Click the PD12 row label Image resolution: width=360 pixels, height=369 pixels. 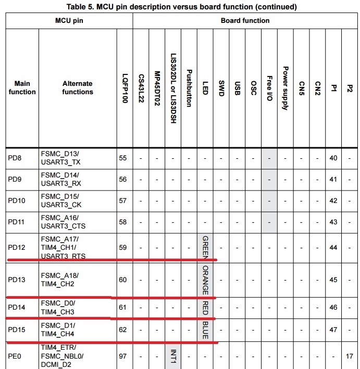[x=15, y=247]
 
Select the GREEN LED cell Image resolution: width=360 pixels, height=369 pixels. [x=205, y=247]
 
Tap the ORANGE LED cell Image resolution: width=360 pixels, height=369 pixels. [x=205, y=279]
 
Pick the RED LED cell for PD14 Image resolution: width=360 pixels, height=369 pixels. [x=205, y=308]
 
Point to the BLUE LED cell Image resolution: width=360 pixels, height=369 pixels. [x=205, y=330]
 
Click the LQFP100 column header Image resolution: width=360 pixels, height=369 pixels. [x=124, y=87]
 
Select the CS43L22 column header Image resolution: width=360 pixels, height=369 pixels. [x=141, y=87]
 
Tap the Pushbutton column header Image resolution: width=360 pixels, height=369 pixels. [x=189, y=87]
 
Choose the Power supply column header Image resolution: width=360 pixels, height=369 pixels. [x=285, y=87]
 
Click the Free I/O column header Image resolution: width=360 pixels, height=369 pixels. [x=269, y=87]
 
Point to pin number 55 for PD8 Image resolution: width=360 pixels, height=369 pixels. [x=123, y=158]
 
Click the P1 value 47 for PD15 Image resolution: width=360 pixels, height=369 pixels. [x=333, y=330]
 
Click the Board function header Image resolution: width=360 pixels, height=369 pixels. [x=245, y=21]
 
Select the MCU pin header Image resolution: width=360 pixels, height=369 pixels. [x=69, y=21]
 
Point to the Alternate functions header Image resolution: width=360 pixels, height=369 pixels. [x=78, y=87]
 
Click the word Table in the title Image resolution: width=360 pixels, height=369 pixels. [x=77, y=7]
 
